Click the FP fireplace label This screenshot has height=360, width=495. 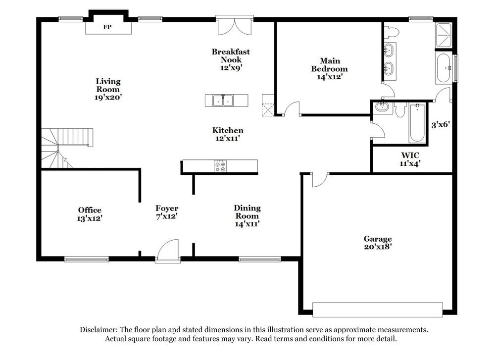tap(106, 27)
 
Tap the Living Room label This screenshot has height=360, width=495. tap(108, 85)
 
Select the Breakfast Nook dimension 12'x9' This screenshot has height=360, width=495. tap(231, 68)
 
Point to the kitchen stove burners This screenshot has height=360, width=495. tap(220, 166)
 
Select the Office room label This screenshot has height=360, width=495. tap(90, 210)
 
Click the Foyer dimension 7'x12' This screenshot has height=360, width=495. tap(167, 216)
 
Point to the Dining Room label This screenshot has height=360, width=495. tap(247, 212)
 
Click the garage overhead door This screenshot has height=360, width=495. tap(377, 309)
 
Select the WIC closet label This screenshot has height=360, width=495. tap(410, 155)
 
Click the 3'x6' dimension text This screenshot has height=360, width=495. tap(440, 125)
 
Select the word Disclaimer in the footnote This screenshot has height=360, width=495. tap(99, 329)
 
